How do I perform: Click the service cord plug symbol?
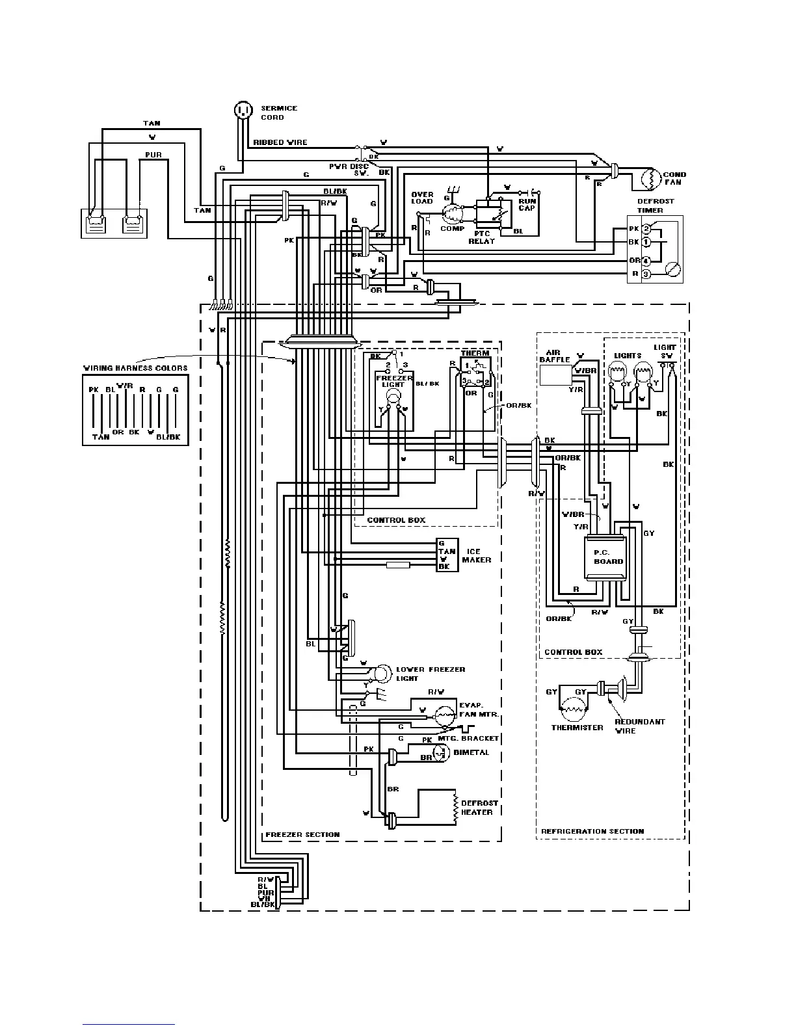[x=243, y=110]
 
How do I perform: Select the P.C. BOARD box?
[x=605, y=557]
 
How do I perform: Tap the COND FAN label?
[x=674, y=178]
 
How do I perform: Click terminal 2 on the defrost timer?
[x=646, y=229]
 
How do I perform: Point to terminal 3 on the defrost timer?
[x=646, y=274]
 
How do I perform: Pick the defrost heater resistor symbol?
[x=453, y=808]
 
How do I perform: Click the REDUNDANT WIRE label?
[x=630, y=726]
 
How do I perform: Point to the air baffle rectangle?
[x=555, y=375]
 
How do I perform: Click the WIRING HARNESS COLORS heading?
[x=135, y=368]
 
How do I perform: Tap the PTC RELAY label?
[x=481, y=237]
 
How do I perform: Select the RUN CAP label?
[x=527, y=204]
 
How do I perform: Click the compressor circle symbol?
[x=452, y=213]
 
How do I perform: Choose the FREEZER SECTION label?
[x=302, y=834]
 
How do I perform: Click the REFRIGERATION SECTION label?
[x=592, y=830]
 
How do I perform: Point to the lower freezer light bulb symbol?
[x=384, y=671]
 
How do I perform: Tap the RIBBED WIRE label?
[x=280, y=142]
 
